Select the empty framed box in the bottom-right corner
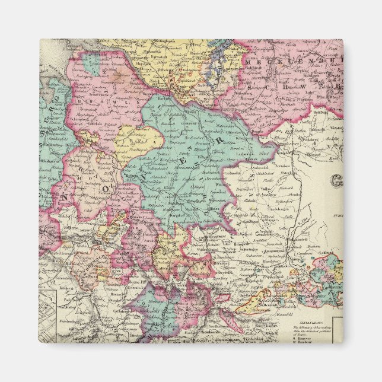[337, 330]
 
